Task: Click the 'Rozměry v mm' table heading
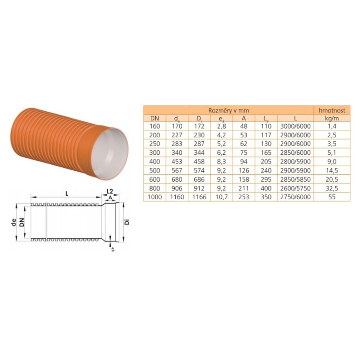tap(228, 110)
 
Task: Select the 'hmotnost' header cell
tap(332, 110)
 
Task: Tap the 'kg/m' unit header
tap(332, 119)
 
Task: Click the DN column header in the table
tap(155, 119)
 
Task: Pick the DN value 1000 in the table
tap(155, 197)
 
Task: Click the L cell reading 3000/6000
tap(295, 126)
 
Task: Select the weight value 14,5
tap(332, 170)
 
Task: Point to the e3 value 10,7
tap(221, 197)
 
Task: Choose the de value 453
tap(177, 162)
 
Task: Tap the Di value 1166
tap(199, 197)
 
